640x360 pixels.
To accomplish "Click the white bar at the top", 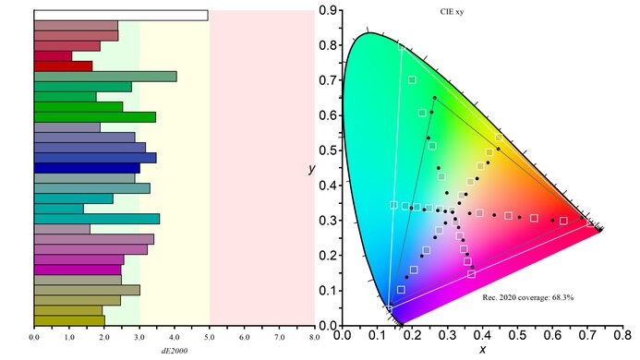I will pos(120,15).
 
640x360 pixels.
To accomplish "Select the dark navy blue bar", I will pos(86,168).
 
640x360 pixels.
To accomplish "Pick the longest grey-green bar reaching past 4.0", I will pos(104,77).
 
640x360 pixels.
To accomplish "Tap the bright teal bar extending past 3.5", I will pos(96,219).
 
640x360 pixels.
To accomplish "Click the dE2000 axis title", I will pos(175,351).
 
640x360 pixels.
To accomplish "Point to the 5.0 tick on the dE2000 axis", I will pos(210,338).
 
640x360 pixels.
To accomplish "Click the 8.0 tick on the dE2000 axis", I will pos(315,338).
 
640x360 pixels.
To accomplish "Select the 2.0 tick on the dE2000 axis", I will pos(104,338).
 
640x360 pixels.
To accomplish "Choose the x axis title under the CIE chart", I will pos(482,351).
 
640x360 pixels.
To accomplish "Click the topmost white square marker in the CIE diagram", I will pos(412,79).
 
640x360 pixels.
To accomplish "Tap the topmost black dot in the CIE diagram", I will pos(434,98).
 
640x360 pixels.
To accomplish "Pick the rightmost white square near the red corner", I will pos(590,223).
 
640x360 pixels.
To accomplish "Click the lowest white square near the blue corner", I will pos(389,308).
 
